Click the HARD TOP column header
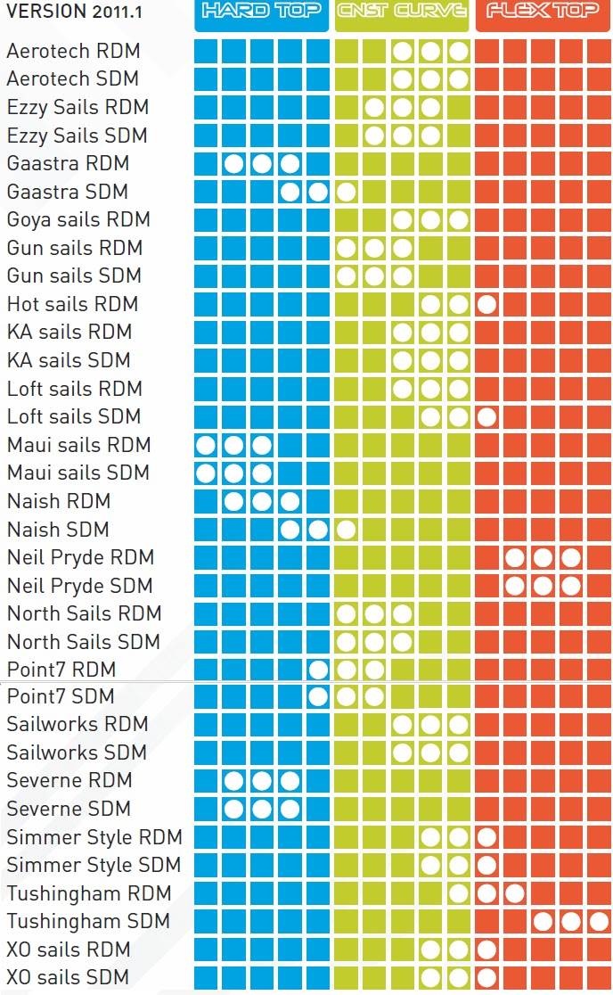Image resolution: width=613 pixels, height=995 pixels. point(262,12)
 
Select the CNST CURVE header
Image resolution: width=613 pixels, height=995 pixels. point(402,12)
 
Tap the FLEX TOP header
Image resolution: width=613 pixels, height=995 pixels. point(543,12)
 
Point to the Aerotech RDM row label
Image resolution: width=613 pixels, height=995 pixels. point(73,52)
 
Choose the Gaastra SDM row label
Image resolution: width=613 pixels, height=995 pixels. point(68,192)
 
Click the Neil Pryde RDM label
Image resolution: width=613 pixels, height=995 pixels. point(80,558)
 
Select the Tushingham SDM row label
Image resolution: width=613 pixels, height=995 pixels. point(88,921)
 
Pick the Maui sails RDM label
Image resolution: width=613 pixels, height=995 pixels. point(78,445)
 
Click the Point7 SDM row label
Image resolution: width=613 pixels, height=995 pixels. point(61,696)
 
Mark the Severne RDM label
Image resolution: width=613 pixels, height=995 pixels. point(69,781)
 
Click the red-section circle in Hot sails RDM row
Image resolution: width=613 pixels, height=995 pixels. point(486,304)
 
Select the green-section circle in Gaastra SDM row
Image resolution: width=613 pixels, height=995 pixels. point(347,192)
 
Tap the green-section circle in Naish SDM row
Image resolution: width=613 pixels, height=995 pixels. point(347,530)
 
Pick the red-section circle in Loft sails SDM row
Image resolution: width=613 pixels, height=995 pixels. point(486,416)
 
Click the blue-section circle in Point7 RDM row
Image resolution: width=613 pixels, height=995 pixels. point(318,670)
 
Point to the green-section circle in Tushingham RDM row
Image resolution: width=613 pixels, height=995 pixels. point(459,893)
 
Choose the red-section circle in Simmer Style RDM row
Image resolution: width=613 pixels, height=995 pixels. point(486,837)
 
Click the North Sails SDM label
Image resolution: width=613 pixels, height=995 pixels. point(84,642)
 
